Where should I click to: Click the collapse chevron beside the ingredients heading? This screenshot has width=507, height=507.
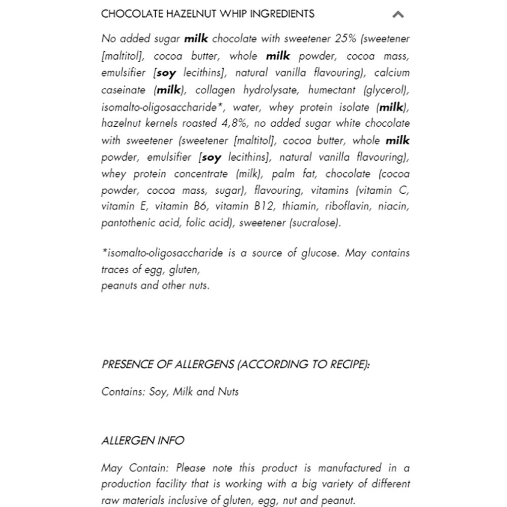(398, 15)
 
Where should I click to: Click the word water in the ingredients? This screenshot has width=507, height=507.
(247, 107)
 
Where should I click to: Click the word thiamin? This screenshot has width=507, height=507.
(300, 206)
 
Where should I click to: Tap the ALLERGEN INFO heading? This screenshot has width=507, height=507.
(142, 441)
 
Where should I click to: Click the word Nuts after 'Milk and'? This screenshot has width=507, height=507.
(228, 391)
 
